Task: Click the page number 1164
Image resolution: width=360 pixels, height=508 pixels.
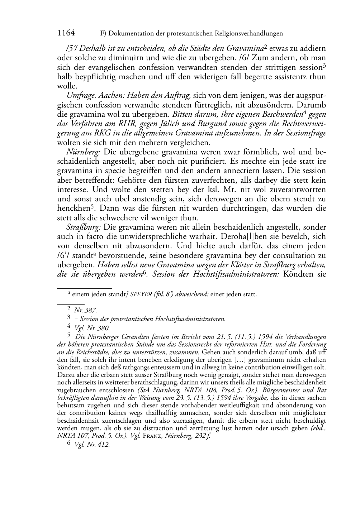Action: pos(66,33)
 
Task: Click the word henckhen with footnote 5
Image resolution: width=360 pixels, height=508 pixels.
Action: pos(70,208)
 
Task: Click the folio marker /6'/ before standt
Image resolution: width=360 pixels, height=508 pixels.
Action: pos(63,255)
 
